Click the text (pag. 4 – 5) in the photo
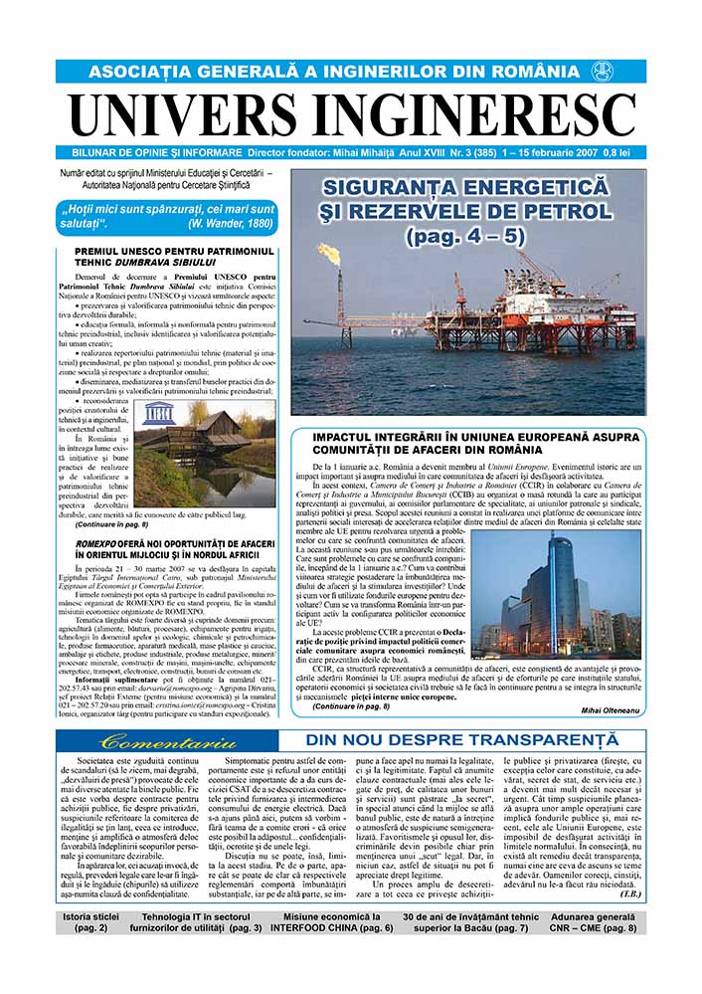click(465, 237)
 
